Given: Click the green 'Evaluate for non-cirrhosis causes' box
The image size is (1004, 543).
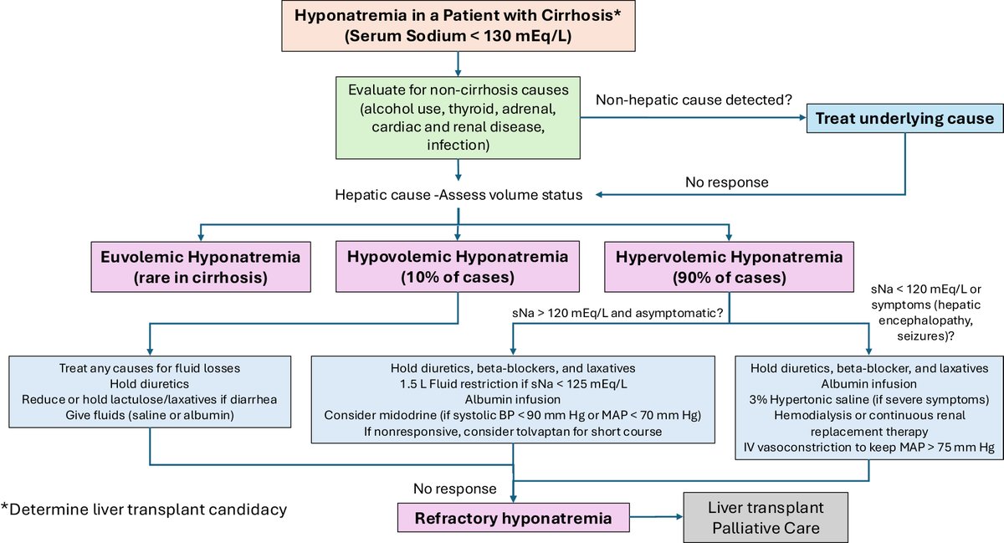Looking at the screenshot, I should pos(458,117).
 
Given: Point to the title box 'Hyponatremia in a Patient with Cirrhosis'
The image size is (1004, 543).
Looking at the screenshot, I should pos(458,27).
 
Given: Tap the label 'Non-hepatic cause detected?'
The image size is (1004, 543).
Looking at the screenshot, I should pos(693,100).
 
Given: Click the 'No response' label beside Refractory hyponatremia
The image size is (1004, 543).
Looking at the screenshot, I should pos(453,488).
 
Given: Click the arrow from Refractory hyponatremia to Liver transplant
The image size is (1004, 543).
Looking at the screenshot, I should pos(657,519).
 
